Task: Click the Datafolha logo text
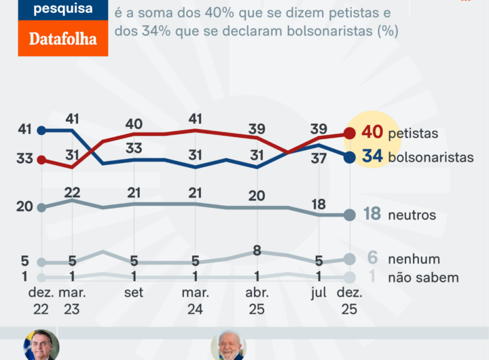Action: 62,39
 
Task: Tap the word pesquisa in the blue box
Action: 62,9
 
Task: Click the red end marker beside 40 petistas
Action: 350,132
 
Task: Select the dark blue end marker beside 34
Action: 350,157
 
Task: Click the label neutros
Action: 412,215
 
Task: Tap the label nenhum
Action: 414,259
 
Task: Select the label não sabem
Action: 423,277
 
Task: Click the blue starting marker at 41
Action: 41,130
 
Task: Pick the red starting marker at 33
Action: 41,160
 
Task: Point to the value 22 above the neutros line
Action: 73,192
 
